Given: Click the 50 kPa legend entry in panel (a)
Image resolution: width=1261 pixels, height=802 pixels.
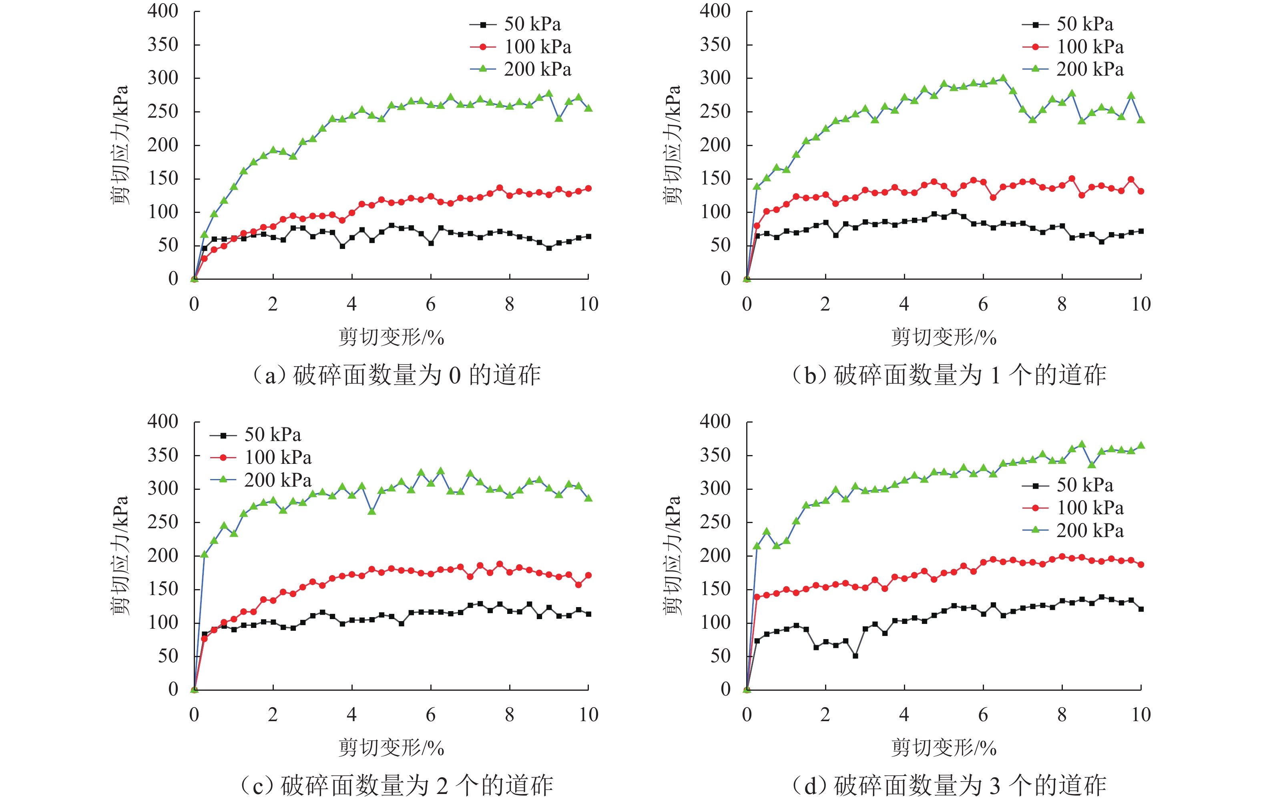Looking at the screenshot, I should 516,24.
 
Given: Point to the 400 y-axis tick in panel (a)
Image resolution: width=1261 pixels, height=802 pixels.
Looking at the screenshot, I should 163,11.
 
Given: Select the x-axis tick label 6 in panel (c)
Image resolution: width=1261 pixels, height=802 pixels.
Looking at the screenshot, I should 430,715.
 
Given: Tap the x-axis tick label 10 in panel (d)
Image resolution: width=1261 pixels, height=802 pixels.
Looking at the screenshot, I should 1141,715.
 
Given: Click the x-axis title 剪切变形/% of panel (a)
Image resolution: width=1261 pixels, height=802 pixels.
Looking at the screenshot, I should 391,337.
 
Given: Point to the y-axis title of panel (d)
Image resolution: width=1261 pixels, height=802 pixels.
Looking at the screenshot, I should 673,555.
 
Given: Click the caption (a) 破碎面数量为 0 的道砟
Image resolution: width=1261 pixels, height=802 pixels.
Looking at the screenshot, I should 396,375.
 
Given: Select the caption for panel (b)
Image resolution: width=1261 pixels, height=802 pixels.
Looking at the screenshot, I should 949,375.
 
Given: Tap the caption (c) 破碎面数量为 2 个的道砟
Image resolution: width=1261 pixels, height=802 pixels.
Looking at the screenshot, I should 396,785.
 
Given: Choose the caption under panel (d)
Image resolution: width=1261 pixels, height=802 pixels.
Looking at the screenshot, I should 949,785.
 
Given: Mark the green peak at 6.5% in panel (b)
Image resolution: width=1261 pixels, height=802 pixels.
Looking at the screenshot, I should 1003,78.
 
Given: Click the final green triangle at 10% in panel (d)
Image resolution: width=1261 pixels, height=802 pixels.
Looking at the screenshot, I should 1141,445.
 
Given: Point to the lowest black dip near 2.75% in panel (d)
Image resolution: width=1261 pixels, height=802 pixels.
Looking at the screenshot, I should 855,656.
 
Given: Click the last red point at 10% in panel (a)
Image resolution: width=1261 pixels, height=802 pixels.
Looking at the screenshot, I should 588,188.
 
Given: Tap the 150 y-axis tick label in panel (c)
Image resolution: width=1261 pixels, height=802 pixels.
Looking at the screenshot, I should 163,589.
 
